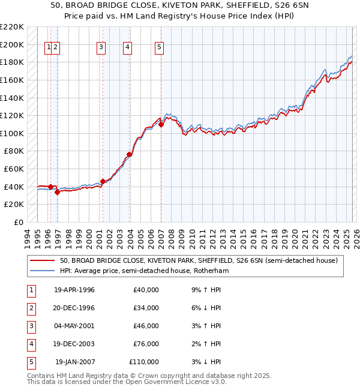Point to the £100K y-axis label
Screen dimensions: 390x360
click(12, 133)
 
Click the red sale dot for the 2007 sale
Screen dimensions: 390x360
click(161, 125)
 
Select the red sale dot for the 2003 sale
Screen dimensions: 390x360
click(130, 155)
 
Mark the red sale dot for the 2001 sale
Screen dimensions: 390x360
click(103, 181)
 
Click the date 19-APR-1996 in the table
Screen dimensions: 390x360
click(74, 290)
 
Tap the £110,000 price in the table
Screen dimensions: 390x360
click(144, 362)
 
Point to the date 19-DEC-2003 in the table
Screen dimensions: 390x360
click(74, 344)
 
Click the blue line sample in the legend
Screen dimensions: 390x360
click(42, 271)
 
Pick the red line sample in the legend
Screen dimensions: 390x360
click(42, 260)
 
